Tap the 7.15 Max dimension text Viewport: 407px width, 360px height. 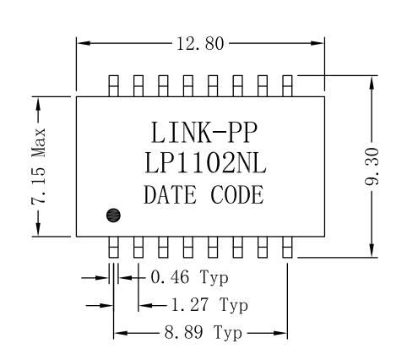click(38, 165)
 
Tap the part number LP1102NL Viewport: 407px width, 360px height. click(202, 163)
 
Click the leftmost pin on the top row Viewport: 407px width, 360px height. click(114, 85)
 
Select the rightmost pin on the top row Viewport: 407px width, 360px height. click(287, 85)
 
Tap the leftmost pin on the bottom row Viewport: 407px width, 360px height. click(114, 247)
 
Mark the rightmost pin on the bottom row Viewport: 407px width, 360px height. click(287, 247)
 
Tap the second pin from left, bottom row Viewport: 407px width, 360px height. click(138, 247)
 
